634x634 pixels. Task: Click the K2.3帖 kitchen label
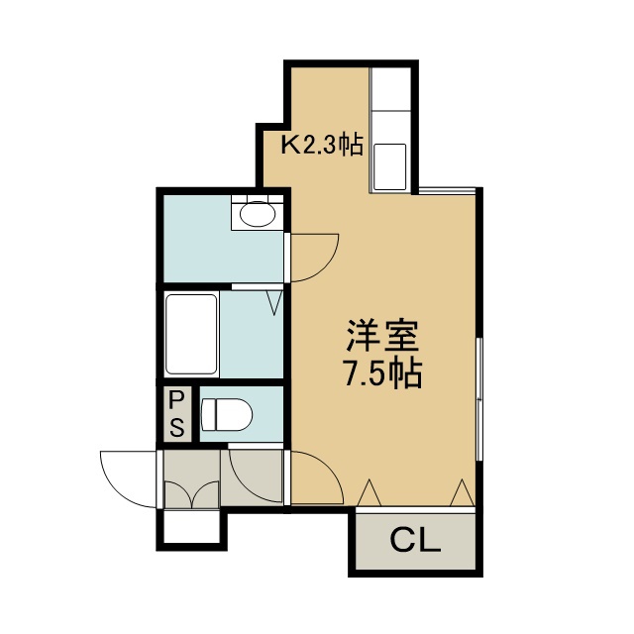(322, 145)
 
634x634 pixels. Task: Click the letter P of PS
(176, 401)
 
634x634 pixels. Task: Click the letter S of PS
(176, 427)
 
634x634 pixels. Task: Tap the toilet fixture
(227, 415)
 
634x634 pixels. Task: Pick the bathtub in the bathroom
(191, 334)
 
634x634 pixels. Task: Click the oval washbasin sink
(258, 213)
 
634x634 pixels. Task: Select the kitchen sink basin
(389, 166)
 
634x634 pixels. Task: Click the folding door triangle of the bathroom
(275, 303)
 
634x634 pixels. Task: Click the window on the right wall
(478, 399)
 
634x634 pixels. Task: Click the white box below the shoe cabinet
(191, 527)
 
